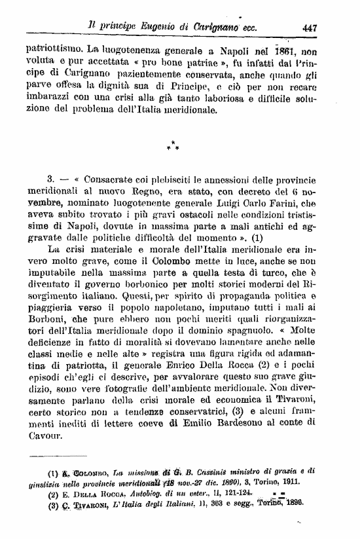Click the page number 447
pos(310,28)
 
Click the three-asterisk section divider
pos(172,146)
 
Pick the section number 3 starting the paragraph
pos(50,179)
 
